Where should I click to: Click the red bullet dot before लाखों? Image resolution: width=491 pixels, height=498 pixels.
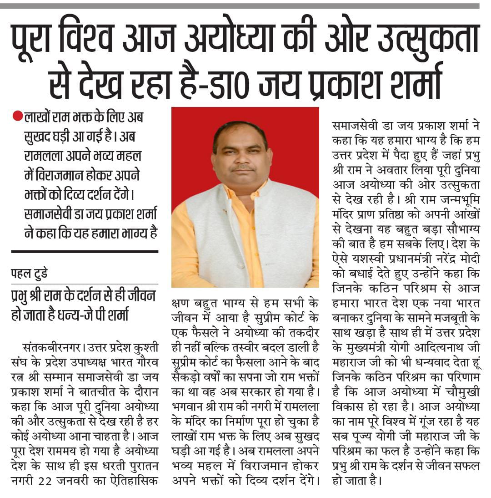[18, 117]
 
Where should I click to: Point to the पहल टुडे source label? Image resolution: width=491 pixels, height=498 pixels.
[30, 274]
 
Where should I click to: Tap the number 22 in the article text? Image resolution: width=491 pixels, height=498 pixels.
[61, 481]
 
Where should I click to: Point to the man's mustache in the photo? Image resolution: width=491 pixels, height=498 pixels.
[242, 168]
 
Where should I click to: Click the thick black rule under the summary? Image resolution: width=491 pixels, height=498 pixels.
[85, 251]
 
